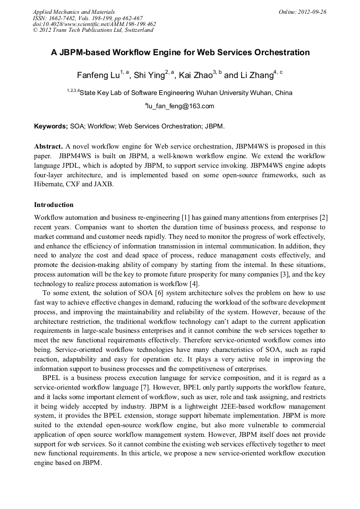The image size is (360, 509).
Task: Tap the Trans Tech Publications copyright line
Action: click(93, 30)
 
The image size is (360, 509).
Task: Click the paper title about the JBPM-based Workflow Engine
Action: click(180, 53)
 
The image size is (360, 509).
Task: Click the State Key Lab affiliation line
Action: click(180, 92)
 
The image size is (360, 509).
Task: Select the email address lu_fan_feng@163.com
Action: click(181, 106)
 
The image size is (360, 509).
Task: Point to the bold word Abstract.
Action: click(49, 146)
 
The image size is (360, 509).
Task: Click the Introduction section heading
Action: click(54, 205)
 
